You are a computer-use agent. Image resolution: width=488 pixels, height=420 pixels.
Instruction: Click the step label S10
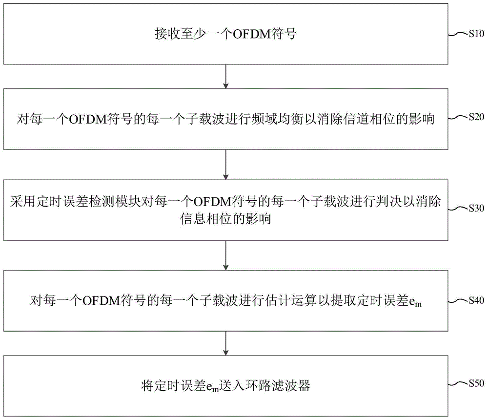476,34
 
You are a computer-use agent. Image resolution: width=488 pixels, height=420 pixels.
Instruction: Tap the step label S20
476,117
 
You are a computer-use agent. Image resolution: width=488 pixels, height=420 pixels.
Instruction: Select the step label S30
476,208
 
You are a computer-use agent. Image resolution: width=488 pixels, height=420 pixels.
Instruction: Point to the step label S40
476,300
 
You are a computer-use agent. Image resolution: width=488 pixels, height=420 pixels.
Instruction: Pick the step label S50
476,383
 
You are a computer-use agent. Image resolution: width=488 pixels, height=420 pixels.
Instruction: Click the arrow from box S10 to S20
226,77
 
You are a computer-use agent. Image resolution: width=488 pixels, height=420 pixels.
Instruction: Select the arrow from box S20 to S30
226,165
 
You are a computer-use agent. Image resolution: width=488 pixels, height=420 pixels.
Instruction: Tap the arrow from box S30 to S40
226,255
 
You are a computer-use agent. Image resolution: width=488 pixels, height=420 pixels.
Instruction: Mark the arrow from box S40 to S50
226,343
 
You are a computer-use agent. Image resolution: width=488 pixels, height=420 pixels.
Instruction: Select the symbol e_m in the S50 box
213,387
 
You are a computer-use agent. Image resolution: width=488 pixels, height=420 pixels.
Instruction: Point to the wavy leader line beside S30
459,208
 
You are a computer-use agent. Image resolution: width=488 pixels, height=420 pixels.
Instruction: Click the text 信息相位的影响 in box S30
225,219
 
